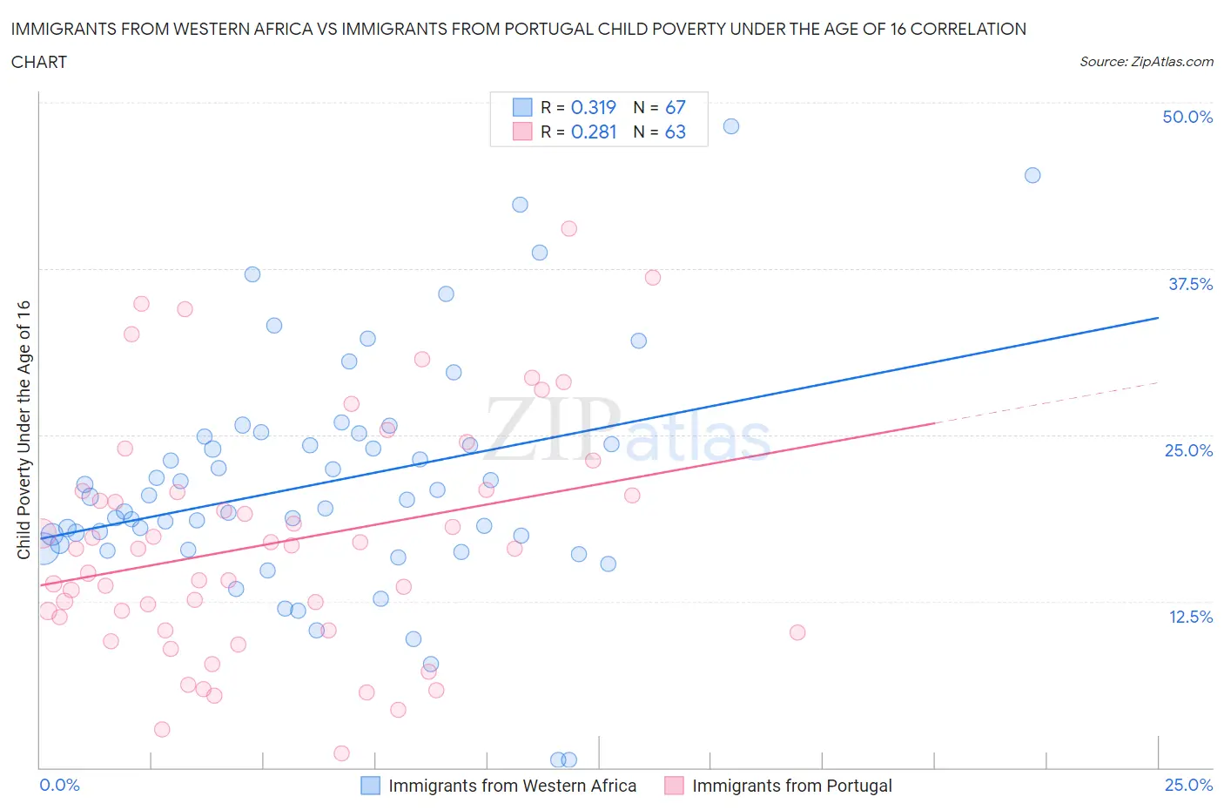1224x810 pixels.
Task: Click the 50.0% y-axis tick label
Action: click(x=1187, y=117)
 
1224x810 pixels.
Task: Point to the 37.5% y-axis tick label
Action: click(x=1190, y=284)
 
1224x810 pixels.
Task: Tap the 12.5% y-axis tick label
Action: click(x=1190, y=617)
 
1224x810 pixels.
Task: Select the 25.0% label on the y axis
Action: click(x=1188, y=450)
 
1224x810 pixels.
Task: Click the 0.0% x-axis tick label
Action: click(x=59, y=785)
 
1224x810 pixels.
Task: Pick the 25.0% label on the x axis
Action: click(x=1188, y=785)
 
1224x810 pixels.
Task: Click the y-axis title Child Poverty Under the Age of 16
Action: click(x=24, y=430)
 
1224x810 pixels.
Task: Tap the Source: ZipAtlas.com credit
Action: click(x=1146, y=61)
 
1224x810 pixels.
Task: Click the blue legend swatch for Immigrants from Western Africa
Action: click(x=370, y=786)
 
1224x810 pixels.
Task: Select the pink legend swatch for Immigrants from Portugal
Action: click(x=674, y=786)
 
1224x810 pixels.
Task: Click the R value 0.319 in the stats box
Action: click(x=593, y=107)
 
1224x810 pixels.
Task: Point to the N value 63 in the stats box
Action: click(x=675, y=132)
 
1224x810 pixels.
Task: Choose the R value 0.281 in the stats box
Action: click(x=593, y=132)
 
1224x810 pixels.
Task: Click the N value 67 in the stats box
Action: click(x=675, y=107)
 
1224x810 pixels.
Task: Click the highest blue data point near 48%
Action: click(x=731, y=126)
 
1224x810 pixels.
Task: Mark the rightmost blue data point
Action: click(x=1032, y=175)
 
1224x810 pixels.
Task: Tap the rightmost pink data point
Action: click(x=797, y=632)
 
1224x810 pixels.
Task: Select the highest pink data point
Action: click(x=568, y=228)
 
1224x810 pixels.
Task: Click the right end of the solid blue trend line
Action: click(x=1158, y=318)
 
